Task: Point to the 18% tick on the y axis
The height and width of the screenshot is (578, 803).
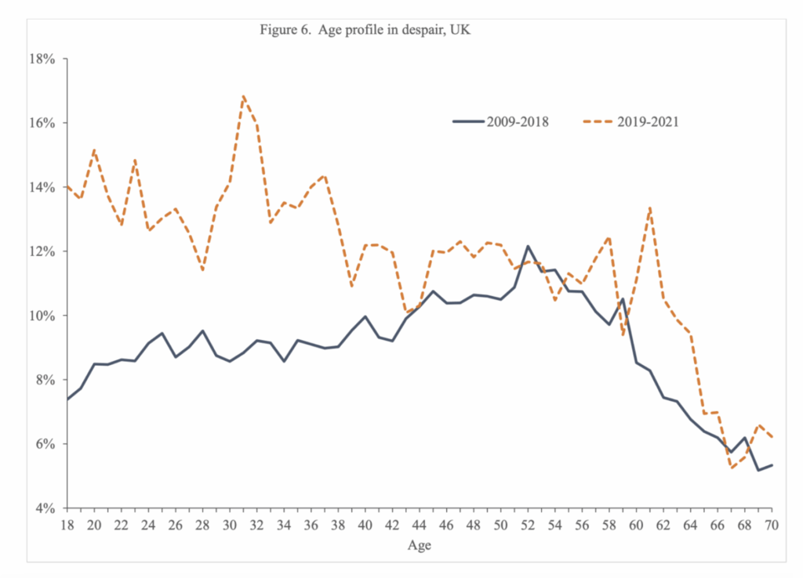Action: [x=42, y=59]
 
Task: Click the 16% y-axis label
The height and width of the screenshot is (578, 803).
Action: [x=42, y=123]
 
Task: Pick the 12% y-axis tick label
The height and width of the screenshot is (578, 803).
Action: [x=42, y=251]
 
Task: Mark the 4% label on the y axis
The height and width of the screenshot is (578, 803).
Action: [x=45, y=508]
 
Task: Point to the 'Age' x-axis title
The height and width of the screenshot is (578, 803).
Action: [x=420, y=546]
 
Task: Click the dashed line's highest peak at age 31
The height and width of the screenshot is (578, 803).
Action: [x=243, y=96]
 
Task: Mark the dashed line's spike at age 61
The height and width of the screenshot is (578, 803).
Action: [x=650, y=208]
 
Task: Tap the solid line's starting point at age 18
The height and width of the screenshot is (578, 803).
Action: [x=67, y=399]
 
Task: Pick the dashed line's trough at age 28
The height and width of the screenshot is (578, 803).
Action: [x=203, y=270]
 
